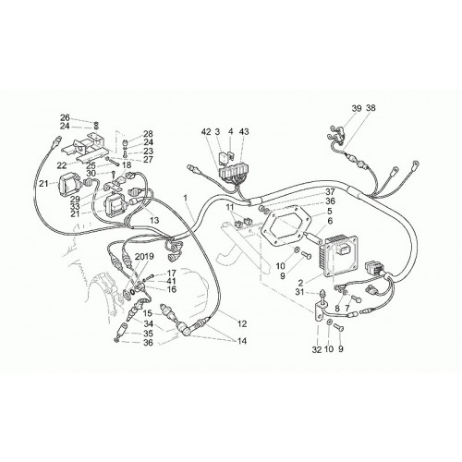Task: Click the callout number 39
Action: tap(357, 108)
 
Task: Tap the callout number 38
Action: tap(371, 108)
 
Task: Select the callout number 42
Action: tap(206, 132)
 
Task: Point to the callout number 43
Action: tap(244, 132)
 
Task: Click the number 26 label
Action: tap(65, 117)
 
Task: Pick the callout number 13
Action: tap(154, 220)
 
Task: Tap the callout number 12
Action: tap(242, 323)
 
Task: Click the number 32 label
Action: tap(317, 349)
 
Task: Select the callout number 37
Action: tap(330, 192)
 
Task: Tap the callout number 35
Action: tap(148, 334)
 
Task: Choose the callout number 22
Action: tap(62, 165)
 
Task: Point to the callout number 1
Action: tap(186, 198)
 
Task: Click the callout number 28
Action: tap(148, 134)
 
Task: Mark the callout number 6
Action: tap(330, 221)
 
